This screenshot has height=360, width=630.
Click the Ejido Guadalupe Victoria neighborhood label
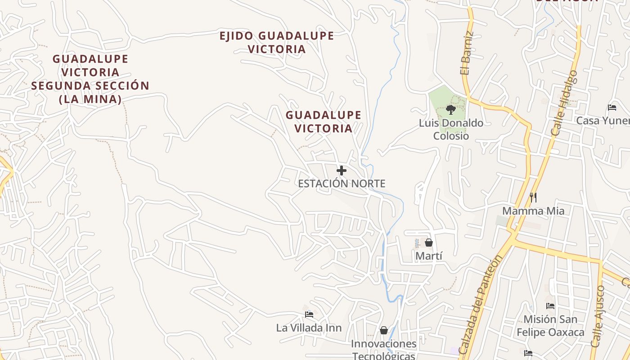point(276,42)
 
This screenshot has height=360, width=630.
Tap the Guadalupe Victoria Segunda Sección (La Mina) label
point(90,79)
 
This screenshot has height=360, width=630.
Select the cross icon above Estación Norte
point(342,171)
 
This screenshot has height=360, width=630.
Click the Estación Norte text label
point(342,184)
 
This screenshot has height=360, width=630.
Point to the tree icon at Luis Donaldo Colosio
point(450,109)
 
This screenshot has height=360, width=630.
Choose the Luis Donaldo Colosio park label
point(451,130)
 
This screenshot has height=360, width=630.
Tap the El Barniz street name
point(467,53)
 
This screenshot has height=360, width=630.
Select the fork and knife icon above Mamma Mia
point(533,197)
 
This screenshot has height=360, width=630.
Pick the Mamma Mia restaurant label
point(533,211)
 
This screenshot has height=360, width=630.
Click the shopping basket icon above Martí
point(429,243)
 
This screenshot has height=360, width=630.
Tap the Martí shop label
point(429,256)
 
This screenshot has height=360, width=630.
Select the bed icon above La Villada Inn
point(309,314)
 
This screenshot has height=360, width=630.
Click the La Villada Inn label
point(309,328)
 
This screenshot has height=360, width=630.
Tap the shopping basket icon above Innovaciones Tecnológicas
point(384,331)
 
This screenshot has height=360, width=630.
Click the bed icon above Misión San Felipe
point(550,306)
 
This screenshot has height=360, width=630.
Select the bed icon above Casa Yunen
point(612,107)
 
